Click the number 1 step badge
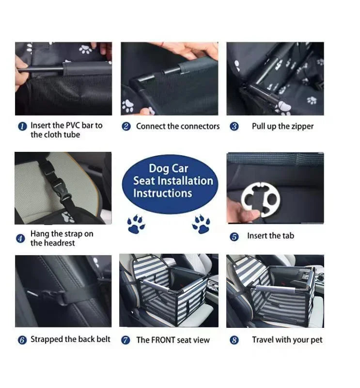coord(22,126)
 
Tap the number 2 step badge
coord(126,127)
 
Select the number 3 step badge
coord(234,127)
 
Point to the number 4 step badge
coord(20,239)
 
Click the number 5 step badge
coord(234,237)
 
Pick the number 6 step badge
coord(22,340)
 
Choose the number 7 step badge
coord(125,340)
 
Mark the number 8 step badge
coord(234,340)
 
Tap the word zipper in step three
coord(302,127)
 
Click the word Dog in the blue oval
coord(158,168)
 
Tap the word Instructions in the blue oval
coord(162,193)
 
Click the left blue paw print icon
coord(136,224)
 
